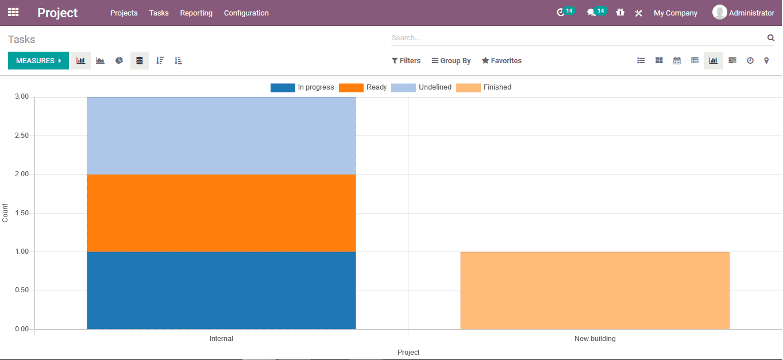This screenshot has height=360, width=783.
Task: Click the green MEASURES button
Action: point(38,61)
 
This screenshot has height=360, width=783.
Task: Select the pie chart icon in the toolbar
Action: point(119,61)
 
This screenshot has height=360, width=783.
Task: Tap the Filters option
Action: point(406,61)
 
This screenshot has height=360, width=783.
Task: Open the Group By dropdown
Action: point(452,61)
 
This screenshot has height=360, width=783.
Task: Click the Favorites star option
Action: point(502,61)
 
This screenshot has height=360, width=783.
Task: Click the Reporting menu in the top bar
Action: point(196,13)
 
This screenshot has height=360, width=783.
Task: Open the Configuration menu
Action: point(246,13)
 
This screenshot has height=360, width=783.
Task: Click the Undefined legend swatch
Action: point(403,88)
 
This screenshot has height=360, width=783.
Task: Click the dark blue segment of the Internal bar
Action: point(221,290)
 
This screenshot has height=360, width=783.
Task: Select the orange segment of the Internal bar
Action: point(221,213)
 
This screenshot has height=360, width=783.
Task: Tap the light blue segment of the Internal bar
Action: point(221,136)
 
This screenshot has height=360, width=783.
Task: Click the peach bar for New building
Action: point(595,290)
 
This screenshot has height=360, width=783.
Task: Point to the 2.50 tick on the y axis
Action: point(21,136)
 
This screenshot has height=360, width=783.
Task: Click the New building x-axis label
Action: point(595,339)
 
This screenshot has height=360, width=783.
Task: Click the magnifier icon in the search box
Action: point(770,38)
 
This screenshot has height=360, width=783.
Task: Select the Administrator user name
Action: point(751,13)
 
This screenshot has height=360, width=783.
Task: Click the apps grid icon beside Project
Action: point(13,12)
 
